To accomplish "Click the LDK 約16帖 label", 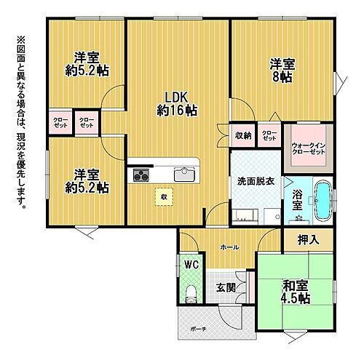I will point(177,104).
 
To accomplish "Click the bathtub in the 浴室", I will point(323,199).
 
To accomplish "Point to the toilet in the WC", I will point(190,292).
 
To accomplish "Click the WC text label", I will point(191,264).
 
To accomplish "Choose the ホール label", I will point(230,247).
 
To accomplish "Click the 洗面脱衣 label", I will point(254,180).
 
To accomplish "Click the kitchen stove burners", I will point(141,175).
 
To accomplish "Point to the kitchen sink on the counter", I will point(183,173).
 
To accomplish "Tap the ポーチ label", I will point(197,328).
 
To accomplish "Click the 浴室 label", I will point(298,200).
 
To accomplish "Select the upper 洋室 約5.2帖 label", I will point(87,64).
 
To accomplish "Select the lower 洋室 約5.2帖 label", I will point(87,180).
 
